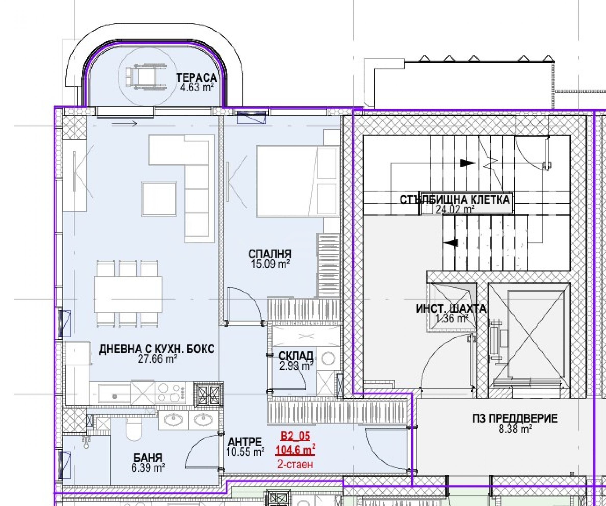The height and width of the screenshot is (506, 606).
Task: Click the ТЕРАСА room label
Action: pos(196,77)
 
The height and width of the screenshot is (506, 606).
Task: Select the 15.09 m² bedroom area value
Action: pos(270,264)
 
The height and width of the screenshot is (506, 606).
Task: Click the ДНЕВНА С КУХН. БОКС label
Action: pos(157,349)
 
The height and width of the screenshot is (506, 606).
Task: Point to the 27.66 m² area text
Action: pos(157,359)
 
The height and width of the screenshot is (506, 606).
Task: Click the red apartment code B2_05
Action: pos(295,436)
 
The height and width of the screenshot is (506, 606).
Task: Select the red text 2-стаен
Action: pos(295,464)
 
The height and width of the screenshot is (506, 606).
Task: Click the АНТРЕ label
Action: pos(245,442)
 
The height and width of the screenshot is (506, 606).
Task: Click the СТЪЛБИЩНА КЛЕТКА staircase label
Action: pos(455,200)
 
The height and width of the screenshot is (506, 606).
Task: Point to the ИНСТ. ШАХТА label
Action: pos(451,309)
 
